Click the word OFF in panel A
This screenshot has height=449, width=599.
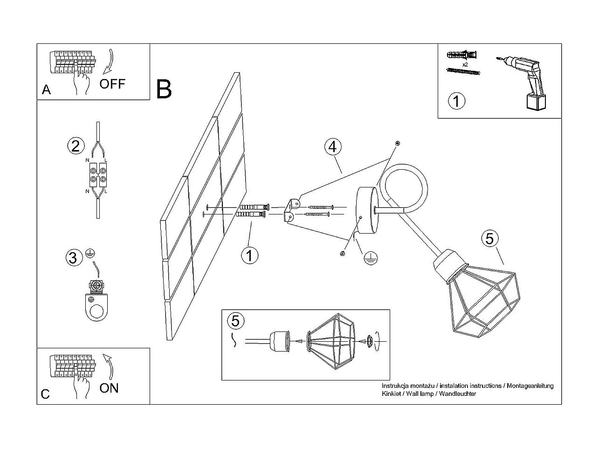tap(112, 84)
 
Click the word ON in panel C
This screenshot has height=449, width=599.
tap(109, 388)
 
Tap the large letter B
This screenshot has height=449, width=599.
tap(164, 89)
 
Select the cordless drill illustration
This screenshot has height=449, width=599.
tap(522, 83)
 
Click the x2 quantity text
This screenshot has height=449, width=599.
tap(465, 65)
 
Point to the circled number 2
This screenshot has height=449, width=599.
tap(76, 146)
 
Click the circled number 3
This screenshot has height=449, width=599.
tap(74, 257)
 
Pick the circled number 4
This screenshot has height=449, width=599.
tap(333, 147)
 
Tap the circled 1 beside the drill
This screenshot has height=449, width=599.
tap(456, 101)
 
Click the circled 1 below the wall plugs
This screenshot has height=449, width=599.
tap(250, 256)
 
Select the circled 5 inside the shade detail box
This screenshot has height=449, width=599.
tap(236, 321)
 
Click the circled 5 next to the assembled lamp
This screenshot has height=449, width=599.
tap(490, 238)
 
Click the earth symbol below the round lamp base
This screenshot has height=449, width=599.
tap(370, 258)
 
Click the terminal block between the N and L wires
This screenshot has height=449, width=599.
tap(98, 175)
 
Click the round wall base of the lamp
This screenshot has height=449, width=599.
tap(367, 210)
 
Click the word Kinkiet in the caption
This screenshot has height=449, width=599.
tap(391, 394)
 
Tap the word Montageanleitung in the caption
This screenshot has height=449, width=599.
tap(530, 386)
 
